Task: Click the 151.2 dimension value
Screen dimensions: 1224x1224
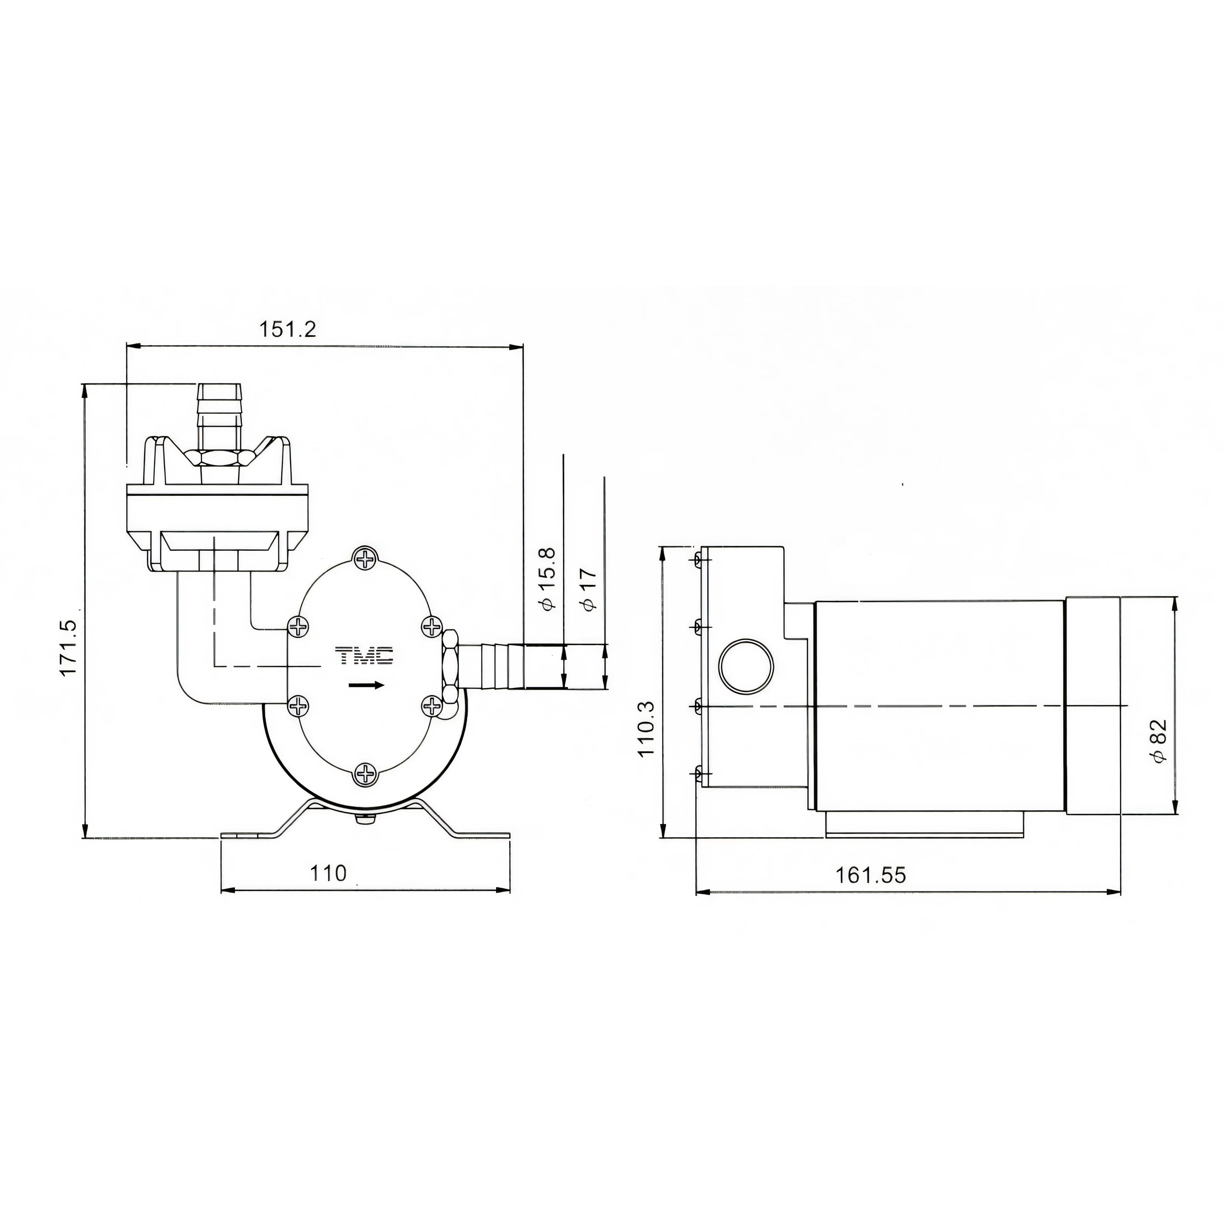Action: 287,329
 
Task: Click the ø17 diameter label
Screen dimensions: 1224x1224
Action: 589,589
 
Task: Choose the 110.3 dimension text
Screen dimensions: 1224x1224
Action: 646,729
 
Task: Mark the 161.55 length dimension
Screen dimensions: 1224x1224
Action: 870,876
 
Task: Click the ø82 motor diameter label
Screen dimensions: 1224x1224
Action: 1159,741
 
